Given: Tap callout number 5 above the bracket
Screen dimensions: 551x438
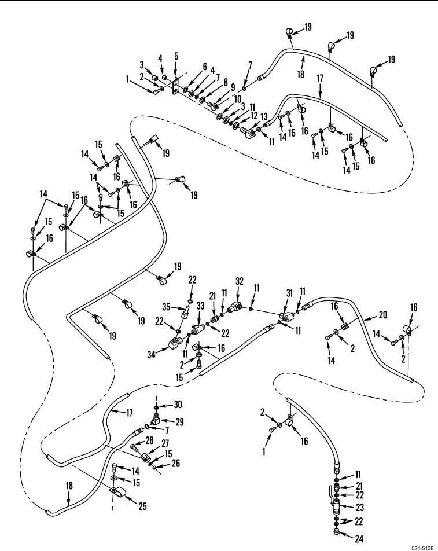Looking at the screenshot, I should (x=176, y=57).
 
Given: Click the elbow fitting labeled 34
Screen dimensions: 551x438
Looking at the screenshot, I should (x=174, y=346).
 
